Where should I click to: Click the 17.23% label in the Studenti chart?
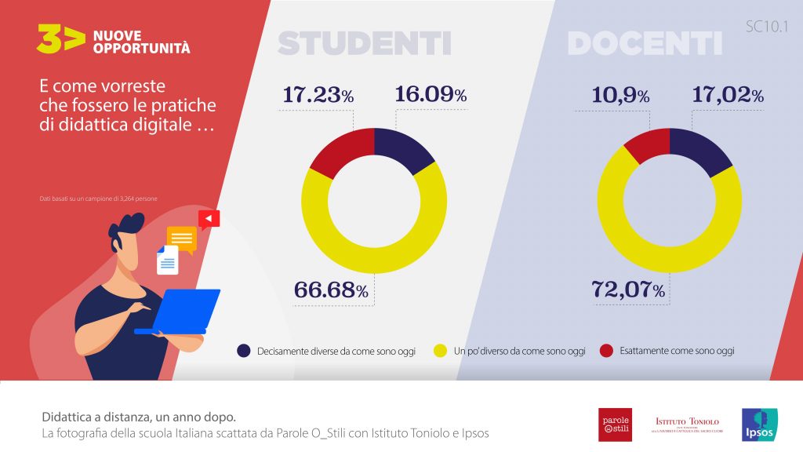click(x=318, y=96)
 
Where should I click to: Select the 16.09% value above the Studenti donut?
click(x=431, y=96)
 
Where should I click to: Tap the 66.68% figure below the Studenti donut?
click(x=330, y=290)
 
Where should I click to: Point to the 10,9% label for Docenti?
click(x=620, y=96)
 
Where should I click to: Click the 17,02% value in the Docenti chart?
click(x=727, y=96)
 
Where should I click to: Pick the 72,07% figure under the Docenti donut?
click(x=627, y=290)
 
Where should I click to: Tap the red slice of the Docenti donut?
click(x=645, y=145)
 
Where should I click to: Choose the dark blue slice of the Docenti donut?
click(x=701, y=149)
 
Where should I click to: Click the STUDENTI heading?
click(x=365, y=43)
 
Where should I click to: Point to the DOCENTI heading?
click(x=645, y=43)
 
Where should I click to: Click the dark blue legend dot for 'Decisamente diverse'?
click(x=244, y=351)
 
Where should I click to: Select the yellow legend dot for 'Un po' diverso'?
click(x=440, y=351)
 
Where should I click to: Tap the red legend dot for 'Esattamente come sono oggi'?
click(x=605, y=351)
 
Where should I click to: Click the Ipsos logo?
click(x=758, y=425)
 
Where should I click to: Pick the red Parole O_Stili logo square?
click(x=615, y=425)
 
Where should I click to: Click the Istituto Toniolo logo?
click(x=687, y=425)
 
